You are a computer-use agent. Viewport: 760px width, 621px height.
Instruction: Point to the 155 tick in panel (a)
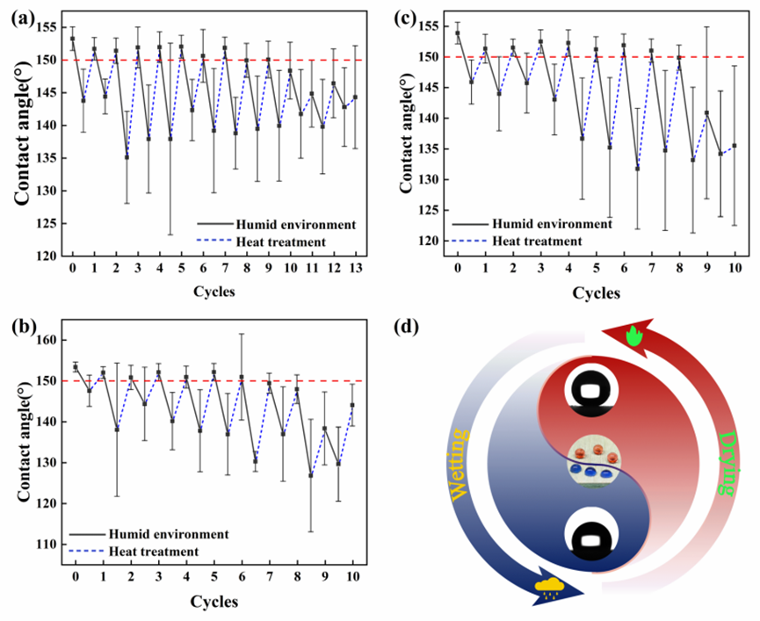47,28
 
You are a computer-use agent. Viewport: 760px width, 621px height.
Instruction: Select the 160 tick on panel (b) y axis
48,340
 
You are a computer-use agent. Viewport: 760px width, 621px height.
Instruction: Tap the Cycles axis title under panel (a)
214,292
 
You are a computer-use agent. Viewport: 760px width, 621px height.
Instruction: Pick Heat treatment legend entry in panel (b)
155,551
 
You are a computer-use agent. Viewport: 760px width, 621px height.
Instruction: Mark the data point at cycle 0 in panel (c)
458,32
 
